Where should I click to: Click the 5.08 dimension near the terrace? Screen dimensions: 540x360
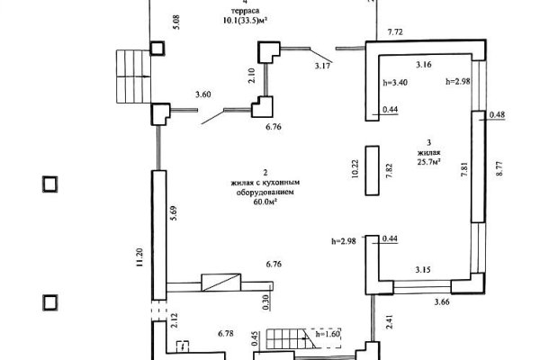177,22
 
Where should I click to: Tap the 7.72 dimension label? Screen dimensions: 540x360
395,32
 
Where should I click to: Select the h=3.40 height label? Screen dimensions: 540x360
395,83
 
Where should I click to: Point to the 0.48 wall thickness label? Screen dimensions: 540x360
498,114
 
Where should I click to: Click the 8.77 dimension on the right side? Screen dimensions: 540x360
499,168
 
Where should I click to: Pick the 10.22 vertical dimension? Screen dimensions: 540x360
355,168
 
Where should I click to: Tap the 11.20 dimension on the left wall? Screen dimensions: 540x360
139,257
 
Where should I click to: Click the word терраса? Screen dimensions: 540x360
245,11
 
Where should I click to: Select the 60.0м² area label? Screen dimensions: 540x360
265,202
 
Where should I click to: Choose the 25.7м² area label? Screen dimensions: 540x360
429,162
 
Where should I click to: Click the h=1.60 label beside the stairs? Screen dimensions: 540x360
328,334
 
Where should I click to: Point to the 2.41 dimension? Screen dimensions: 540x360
389,320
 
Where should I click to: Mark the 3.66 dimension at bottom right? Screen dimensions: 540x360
442,302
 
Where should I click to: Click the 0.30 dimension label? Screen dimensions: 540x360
265,302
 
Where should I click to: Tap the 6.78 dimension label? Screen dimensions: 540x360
226,334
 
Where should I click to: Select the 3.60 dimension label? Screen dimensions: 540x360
203,94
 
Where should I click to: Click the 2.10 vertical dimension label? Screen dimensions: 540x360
252,76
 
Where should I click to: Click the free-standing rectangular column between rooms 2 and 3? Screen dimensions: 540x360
373,170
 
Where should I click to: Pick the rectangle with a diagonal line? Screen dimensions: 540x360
221,283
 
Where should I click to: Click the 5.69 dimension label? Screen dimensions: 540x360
173,213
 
